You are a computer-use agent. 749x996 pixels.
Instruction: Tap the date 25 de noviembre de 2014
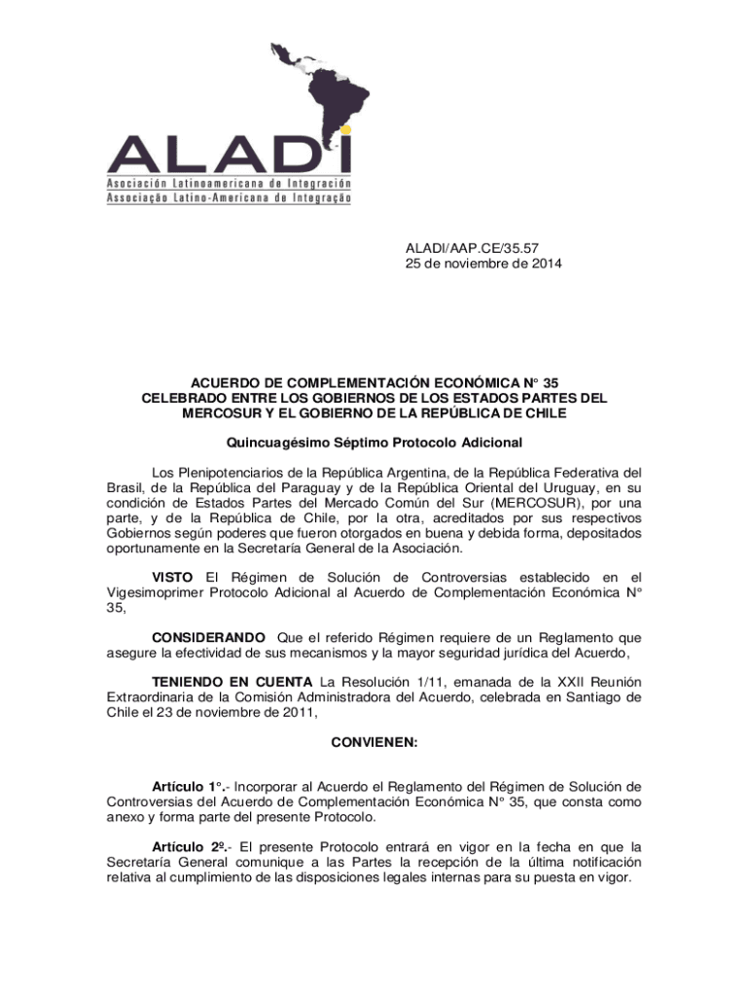click(482, 265)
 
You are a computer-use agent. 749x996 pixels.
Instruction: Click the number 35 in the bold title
click(552, 382)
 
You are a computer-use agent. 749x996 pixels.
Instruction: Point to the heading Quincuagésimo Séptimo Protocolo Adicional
click(374, 443)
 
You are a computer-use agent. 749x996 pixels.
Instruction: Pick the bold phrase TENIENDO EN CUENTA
click(232, 681)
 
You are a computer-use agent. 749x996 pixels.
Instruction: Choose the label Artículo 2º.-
click(191, 846)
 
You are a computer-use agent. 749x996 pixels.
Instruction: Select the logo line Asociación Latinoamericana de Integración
click(229, 183)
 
